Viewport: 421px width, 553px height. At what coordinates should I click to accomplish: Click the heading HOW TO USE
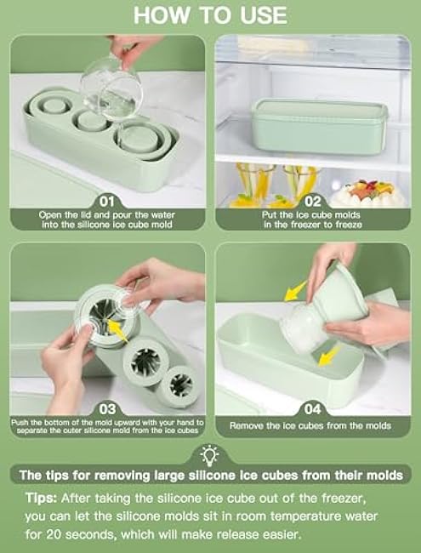point(211,15)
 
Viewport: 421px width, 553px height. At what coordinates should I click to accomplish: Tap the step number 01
point(107,202)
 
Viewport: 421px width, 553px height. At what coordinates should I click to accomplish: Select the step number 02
point(313,202)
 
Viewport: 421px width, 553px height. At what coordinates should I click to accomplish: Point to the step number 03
point(107,409)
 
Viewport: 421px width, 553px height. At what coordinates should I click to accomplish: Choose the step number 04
point(313,409)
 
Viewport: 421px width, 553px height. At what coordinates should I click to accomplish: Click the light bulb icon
point(209,455)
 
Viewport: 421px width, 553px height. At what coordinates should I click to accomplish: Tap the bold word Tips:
point(41,499)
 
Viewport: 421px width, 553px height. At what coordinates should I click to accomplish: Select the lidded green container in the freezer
point(320,126)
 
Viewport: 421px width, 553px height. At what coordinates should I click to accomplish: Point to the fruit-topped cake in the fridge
point(367,193)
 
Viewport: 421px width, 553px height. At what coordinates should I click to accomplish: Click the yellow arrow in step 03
point(117,330)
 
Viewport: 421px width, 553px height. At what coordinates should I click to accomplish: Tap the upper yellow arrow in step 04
point(295,291)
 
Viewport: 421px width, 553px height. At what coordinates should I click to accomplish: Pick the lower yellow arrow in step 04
point(330,356)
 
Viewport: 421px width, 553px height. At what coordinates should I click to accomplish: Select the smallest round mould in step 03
point(181,386)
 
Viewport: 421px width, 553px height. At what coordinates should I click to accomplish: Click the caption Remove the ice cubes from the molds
point(310,425)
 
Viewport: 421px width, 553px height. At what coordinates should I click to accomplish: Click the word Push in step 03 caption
point(20,422)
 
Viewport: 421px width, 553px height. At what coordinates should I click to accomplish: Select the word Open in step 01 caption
point(48,214)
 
